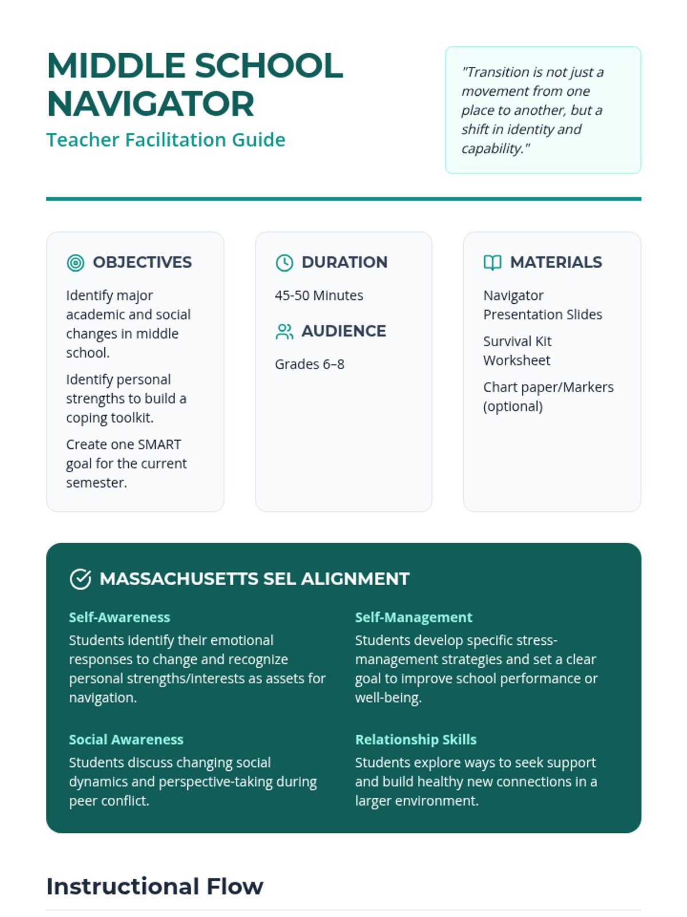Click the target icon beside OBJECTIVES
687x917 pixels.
tap(76, 262)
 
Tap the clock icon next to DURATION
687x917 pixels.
tap(285, 262)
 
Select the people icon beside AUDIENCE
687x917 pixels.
tap(285, 331)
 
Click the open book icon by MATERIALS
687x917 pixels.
tap(492, 262)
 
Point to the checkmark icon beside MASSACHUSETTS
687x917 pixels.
tap(80, 579)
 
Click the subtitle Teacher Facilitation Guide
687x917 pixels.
tap(165, 140)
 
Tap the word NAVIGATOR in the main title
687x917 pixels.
tap(151, 104)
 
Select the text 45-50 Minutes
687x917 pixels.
tap(319, 296)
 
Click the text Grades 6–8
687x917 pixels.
tap(310, 365)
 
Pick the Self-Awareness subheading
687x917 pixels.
tap(120, 617)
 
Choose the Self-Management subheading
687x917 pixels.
tap(413, 617)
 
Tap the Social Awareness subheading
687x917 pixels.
tap(126, 739)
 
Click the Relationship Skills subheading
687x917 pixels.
tap(416, 739)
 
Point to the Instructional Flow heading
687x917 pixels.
tap(155, 886)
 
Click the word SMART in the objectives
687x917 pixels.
tap(160, 445)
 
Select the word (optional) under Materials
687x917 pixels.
tap(513, 406)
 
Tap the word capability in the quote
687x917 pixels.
tap(492, 148)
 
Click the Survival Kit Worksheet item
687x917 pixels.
tap(517, 351)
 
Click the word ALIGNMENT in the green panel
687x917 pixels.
tap(355, 579)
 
